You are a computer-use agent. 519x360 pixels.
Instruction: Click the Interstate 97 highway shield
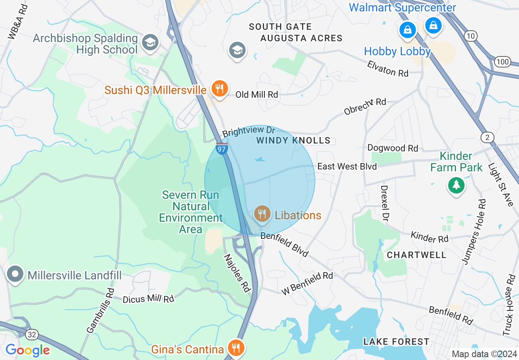coord(222,148)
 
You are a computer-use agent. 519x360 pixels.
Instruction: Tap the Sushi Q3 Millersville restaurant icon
coord(219,88)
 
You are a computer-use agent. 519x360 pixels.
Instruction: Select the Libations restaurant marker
coord(262,214)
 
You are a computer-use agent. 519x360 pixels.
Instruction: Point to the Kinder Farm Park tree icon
coord(456,186)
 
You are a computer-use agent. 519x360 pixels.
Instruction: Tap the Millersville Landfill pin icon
coord(16,274)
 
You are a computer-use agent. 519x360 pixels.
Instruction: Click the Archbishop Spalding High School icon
coord(150,42)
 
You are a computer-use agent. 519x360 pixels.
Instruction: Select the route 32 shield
coord(32,335)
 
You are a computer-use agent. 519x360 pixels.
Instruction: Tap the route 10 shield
coord(471,36)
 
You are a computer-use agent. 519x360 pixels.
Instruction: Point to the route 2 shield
coord(487,137)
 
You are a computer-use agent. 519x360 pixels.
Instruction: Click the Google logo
coord(27,350)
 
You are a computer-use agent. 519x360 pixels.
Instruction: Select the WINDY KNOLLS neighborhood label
coord(293,141)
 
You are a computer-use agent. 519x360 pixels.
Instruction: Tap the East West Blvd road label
coord(347,166)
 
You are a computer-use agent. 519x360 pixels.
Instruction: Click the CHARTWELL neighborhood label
coord(417,255)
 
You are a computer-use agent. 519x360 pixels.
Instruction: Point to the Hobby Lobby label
coord(397,52)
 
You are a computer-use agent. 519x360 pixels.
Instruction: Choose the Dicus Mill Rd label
coord(148,299)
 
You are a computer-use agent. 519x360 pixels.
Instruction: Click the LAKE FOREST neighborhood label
coord(396,342)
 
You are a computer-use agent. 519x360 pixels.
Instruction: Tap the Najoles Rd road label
coord(237,273)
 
